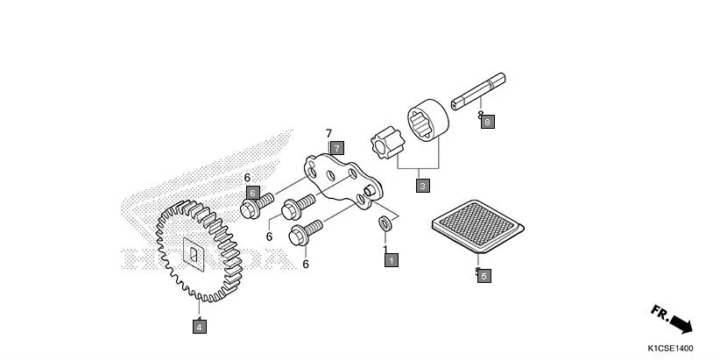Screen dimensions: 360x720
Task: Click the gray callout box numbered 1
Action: pos(391,260)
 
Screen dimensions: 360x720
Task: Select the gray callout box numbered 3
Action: pos(423,186)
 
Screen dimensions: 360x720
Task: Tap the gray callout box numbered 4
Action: pos(200,327)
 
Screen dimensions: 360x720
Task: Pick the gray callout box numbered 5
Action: pos(484,275)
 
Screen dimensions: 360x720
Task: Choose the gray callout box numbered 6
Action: pos(252,193)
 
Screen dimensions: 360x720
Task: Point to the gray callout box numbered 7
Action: pos(337,148)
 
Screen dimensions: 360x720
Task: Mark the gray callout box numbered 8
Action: pos(488,122)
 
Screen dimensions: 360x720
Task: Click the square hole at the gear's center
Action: pos(193,254)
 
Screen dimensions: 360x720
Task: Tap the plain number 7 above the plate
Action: pos(329,134)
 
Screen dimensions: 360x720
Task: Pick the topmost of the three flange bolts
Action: pos(256,207)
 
